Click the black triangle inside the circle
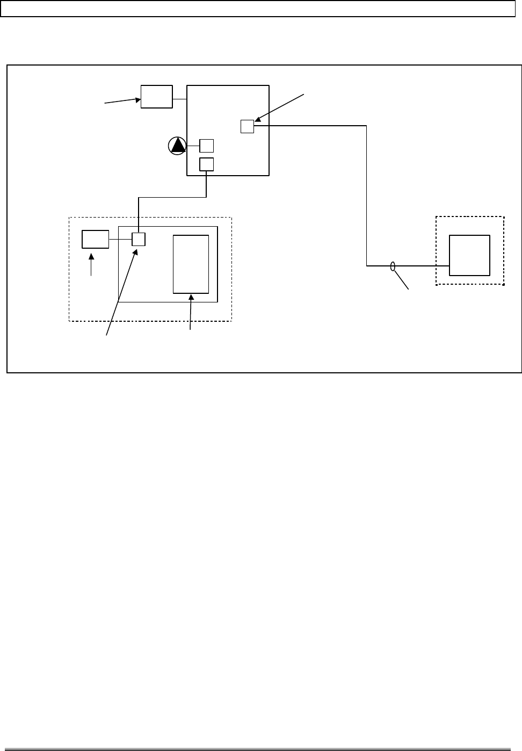coord(177,146)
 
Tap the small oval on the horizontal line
coord(393,266)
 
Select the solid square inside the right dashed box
coord(469,255)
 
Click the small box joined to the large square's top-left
coord(156,97)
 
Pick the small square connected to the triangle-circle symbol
coord(206,146)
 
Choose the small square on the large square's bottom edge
coord(206,164)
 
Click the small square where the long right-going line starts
coord(247,126)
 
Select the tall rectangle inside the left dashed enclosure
coord(191,264)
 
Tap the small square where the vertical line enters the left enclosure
coord(139,239)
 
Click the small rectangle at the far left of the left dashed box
coord(95,239)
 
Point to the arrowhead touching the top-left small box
coord(137,98)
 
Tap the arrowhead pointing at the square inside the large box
coord(258,120)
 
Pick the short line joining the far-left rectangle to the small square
coord(120,239)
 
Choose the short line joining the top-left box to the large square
coord(179,99)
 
